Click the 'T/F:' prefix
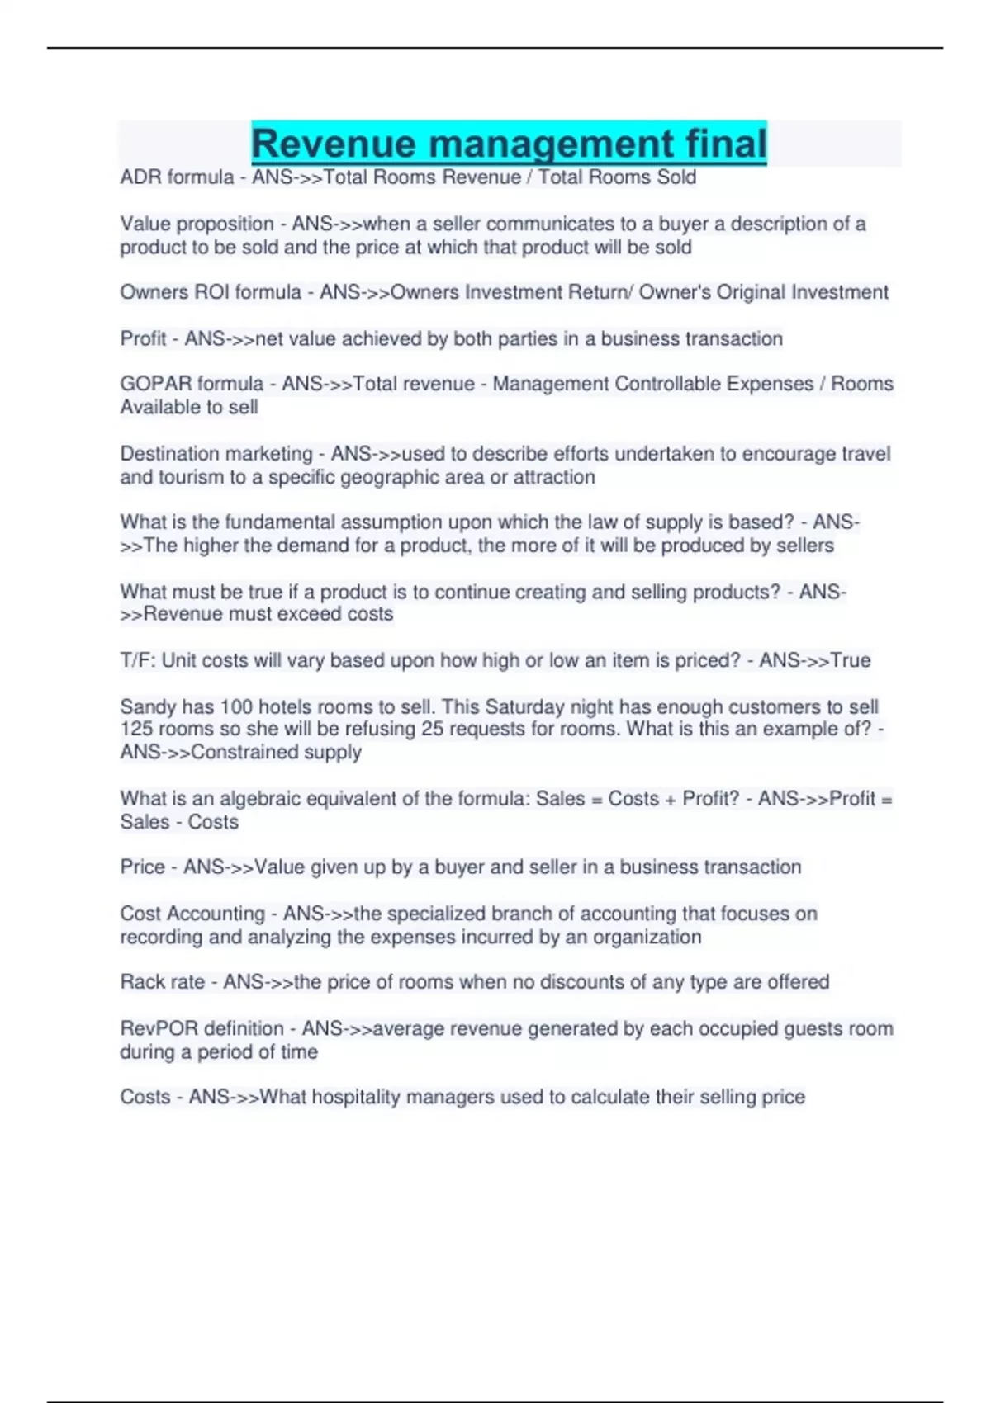coord(138,660)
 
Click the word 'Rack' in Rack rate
coord(141,982)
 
